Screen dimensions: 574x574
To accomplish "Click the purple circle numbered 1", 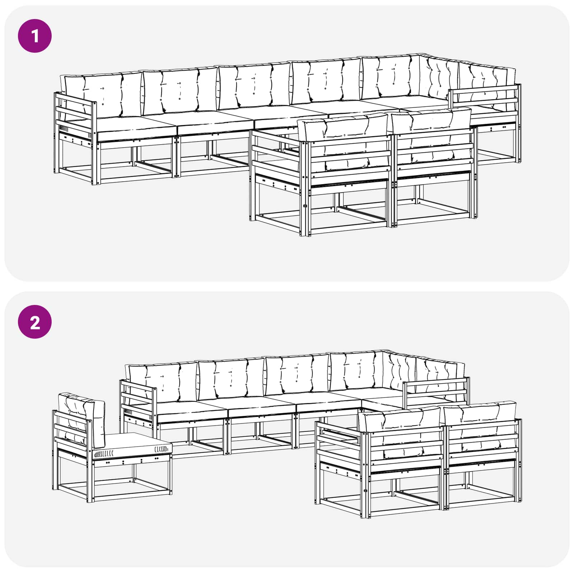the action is (35, 36).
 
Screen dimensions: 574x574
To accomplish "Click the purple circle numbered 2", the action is (35, 322).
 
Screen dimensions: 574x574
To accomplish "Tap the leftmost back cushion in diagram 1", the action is (102, 95).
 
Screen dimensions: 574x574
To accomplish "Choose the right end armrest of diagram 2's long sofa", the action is (436, 393).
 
